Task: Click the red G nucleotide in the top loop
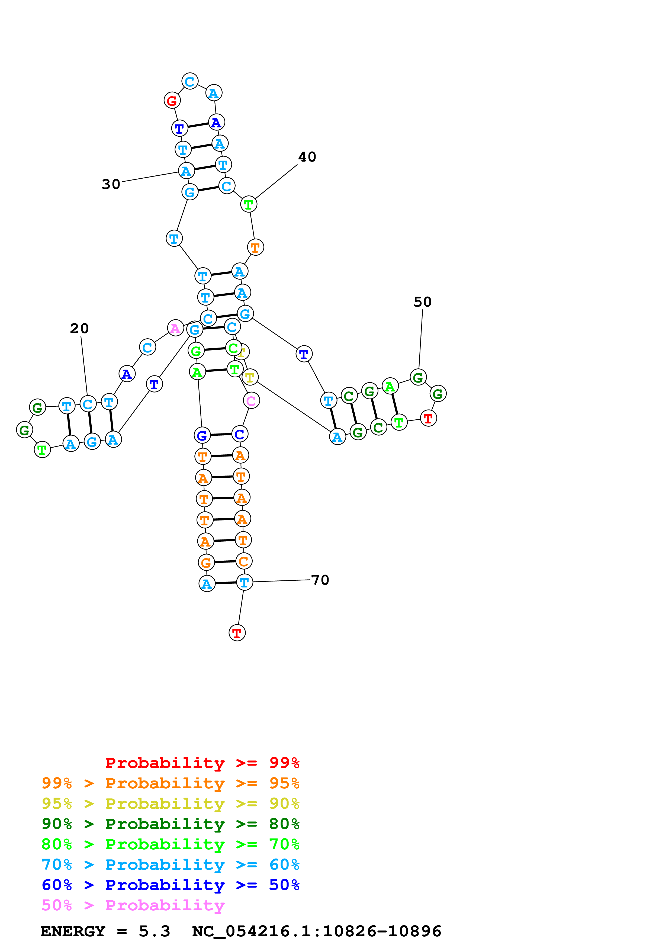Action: coord(172,100)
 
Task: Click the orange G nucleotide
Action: coord(206,563)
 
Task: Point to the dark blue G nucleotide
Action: coord(202,435)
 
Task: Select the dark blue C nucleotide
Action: coord(240,434)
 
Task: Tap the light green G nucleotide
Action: coord(196,351)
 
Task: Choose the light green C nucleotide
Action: coord(233,348)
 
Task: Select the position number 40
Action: coord(307,157)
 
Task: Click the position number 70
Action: coord(320,580)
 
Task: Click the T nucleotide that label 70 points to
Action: coord(244,582)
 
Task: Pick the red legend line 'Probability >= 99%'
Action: coord(202,763)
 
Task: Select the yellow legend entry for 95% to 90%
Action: coord(170,804)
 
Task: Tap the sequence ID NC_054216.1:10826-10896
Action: coord(317,931)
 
